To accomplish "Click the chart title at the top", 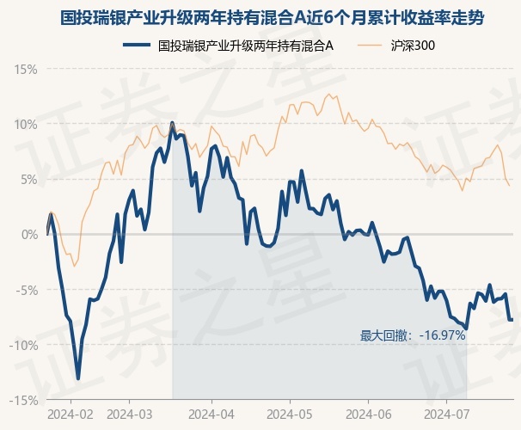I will click(260, 16).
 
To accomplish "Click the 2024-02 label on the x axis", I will click(70, 415).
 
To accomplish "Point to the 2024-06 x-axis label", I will click(368, 415).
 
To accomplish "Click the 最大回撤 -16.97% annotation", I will click(413, 335).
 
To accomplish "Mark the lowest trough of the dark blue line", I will click(78, 378).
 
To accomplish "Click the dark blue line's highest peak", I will click(173, 123).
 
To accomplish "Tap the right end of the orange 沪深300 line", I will click(510, 185).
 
